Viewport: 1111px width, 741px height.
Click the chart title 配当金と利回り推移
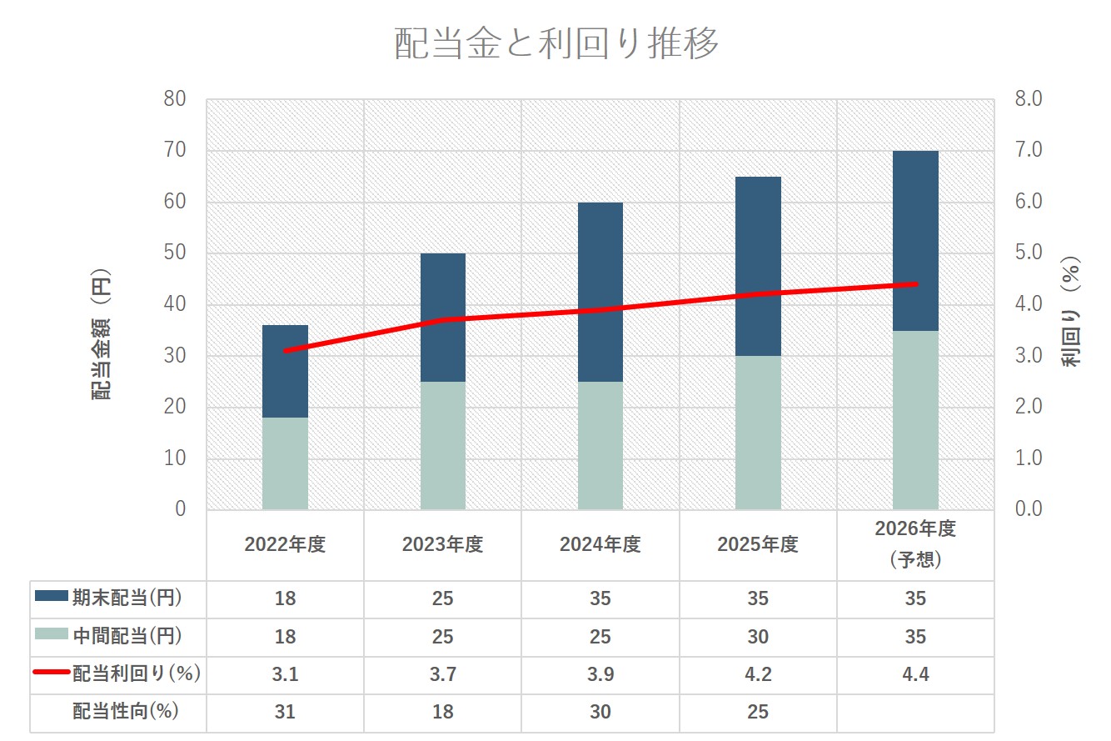tap(555, 44)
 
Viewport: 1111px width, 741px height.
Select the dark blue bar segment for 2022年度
tap(285, 371)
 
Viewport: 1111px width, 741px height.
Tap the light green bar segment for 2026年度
tap(915, 419)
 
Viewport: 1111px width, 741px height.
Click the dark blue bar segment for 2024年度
tap(600, 292)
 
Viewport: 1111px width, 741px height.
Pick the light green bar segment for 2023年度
tap(442, 445)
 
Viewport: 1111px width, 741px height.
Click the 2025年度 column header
tap(758, 545)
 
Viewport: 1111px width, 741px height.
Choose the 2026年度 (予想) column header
tap(915, 544)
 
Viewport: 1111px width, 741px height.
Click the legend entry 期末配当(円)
tap(108, 598)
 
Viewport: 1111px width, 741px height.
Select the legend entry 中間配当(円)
tap(108, 637)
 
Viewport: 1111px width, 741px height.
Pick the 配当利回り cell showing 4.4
tap(915, 674)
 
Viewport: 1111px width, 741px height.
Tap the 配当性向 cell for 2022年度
tap(285, 712)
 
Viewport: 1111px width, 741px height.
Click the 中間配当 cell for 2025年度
tap(758, 637)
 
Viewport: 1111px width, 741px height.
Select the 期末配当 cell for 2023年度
tap(442, 598)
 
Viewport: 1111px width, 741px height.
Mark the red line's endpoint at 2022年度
tap(286, 351)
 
